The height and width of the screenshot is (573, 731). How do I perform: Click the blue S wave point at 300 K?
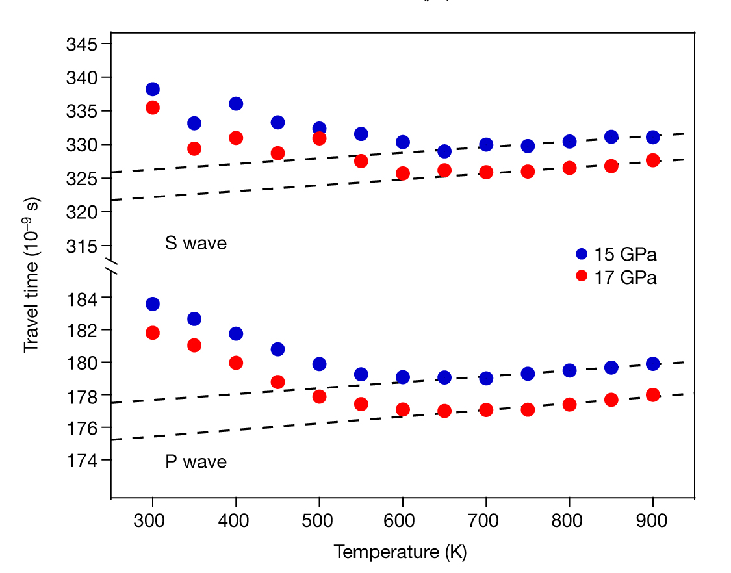coord(153,89)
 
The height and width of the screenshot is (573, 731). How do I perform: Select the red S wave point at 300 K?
coord(153,107)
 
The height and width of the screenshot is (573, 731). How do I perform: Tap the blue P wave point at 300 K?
coord(153,303)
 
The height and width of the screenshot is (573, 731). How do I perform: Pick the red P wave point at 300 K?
coord(153,333)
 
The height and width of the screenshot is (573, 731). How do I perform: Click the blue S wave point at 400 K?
coord(236,104)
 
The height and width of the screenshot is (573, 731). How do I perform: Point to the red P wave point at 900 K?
coord(653,394)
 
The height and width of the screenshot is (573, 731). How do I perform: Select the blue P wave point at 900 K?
coord(653,364)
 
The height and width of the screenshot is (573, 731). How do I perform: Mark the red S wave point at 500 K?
coord(319,138)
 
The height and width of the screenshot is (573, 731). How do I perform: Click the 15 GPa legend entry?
coord(617,254)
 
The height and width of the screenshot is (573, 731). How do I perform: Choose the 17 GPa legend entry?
coord(617,277)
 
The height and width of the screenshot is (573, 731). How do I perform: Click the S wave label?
coord(196,244)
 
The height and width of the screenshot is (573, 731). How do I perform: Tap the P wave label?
coord(196,462)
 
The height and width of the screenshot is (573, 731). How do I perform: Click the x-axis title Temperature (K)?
coord(400,552)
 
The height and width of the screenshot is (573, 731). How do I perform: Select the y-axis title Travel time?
coord(31,274)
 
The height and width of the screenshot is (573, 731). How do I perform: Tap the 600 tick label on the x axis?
coord(403,520)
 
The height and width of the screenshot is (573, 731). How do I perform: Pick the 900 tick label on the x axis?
coord(653,520)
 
